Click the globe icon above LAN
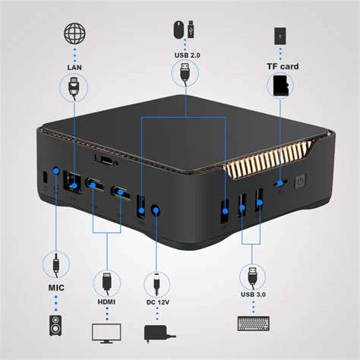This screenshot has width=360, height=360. [x=74, y=35]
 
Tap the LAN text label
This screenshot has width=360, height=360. [x=74, y=67]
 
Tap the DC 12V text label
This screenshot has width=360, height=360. [x=157, y=304]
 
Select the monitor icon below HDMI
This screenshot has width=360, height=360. [x=106, y=333]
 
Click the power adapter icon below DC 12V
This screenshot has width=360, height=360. [x=157, y=333]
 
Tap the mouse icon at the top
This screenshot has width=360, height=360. [x=177, y=30]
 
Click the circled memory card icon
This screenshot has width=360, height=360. [x=281, y=86]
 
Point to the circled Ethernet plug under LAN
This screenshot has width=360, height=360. [x=75, y=89]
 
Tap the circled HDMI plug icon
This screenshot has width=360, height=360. [x=106, y=283]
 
